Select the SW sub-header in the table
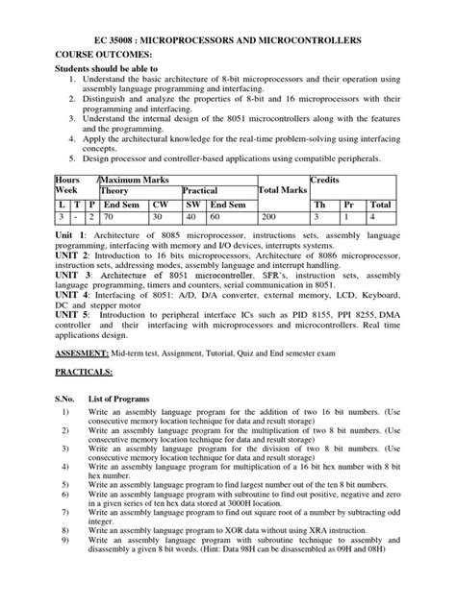click(x=192, y=205)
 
